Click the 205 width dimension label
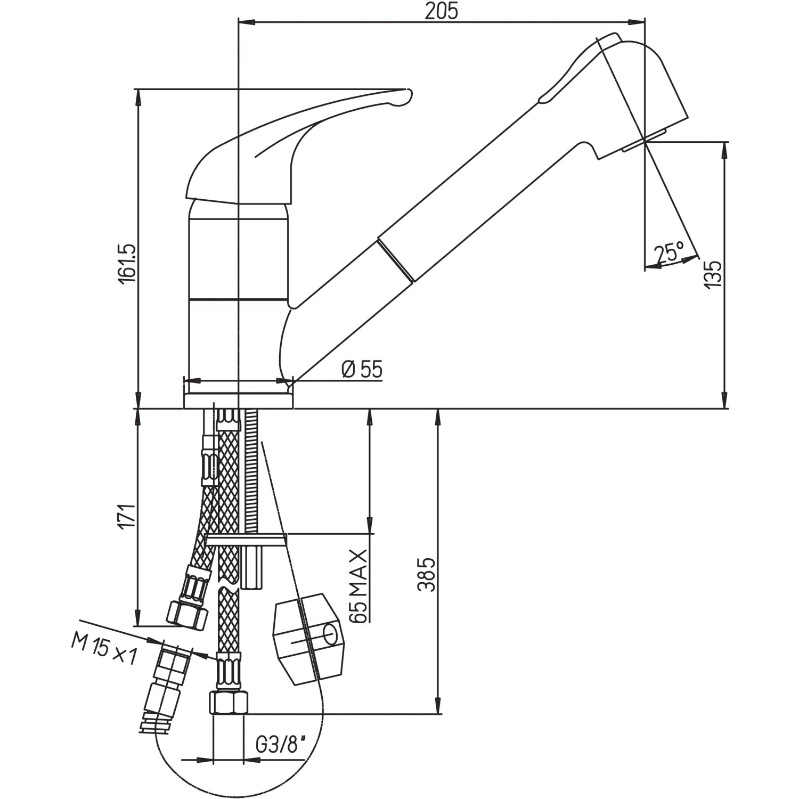441,11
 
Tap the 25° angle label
670,252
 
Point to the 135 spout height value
713,275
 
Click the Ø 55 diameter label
362,369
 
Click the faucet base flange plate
238,401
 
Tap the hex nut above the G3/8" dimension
228,703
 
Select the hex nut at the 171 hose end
187,614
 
